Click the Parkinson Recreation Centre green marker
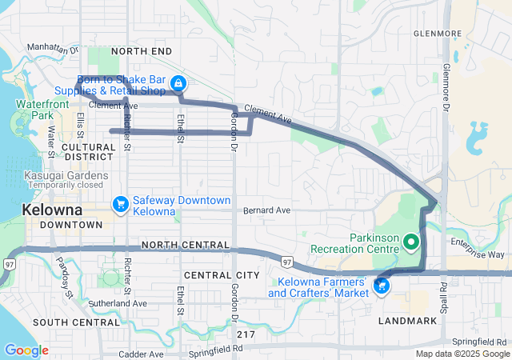[x=411, y=240]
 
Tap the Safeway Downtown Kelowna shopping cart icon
[x=121, y=205]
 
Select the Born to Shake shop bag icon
[x=180, y=83]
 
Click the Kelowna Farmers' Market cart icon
[x=382, y=286]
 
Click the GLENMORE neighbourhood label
[x=438, y=34]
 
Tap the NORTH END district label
[x=142, y=51]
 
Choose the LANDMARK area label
[x=410, y=321]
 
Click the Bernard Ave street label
[x=267, y=210]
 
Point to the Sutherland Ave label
[x=118, y=304]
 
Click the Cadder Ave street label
[x=141, y=354]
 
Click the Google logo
[x=26, y=350]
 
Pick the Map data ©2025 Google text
[x=462, y=354]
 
